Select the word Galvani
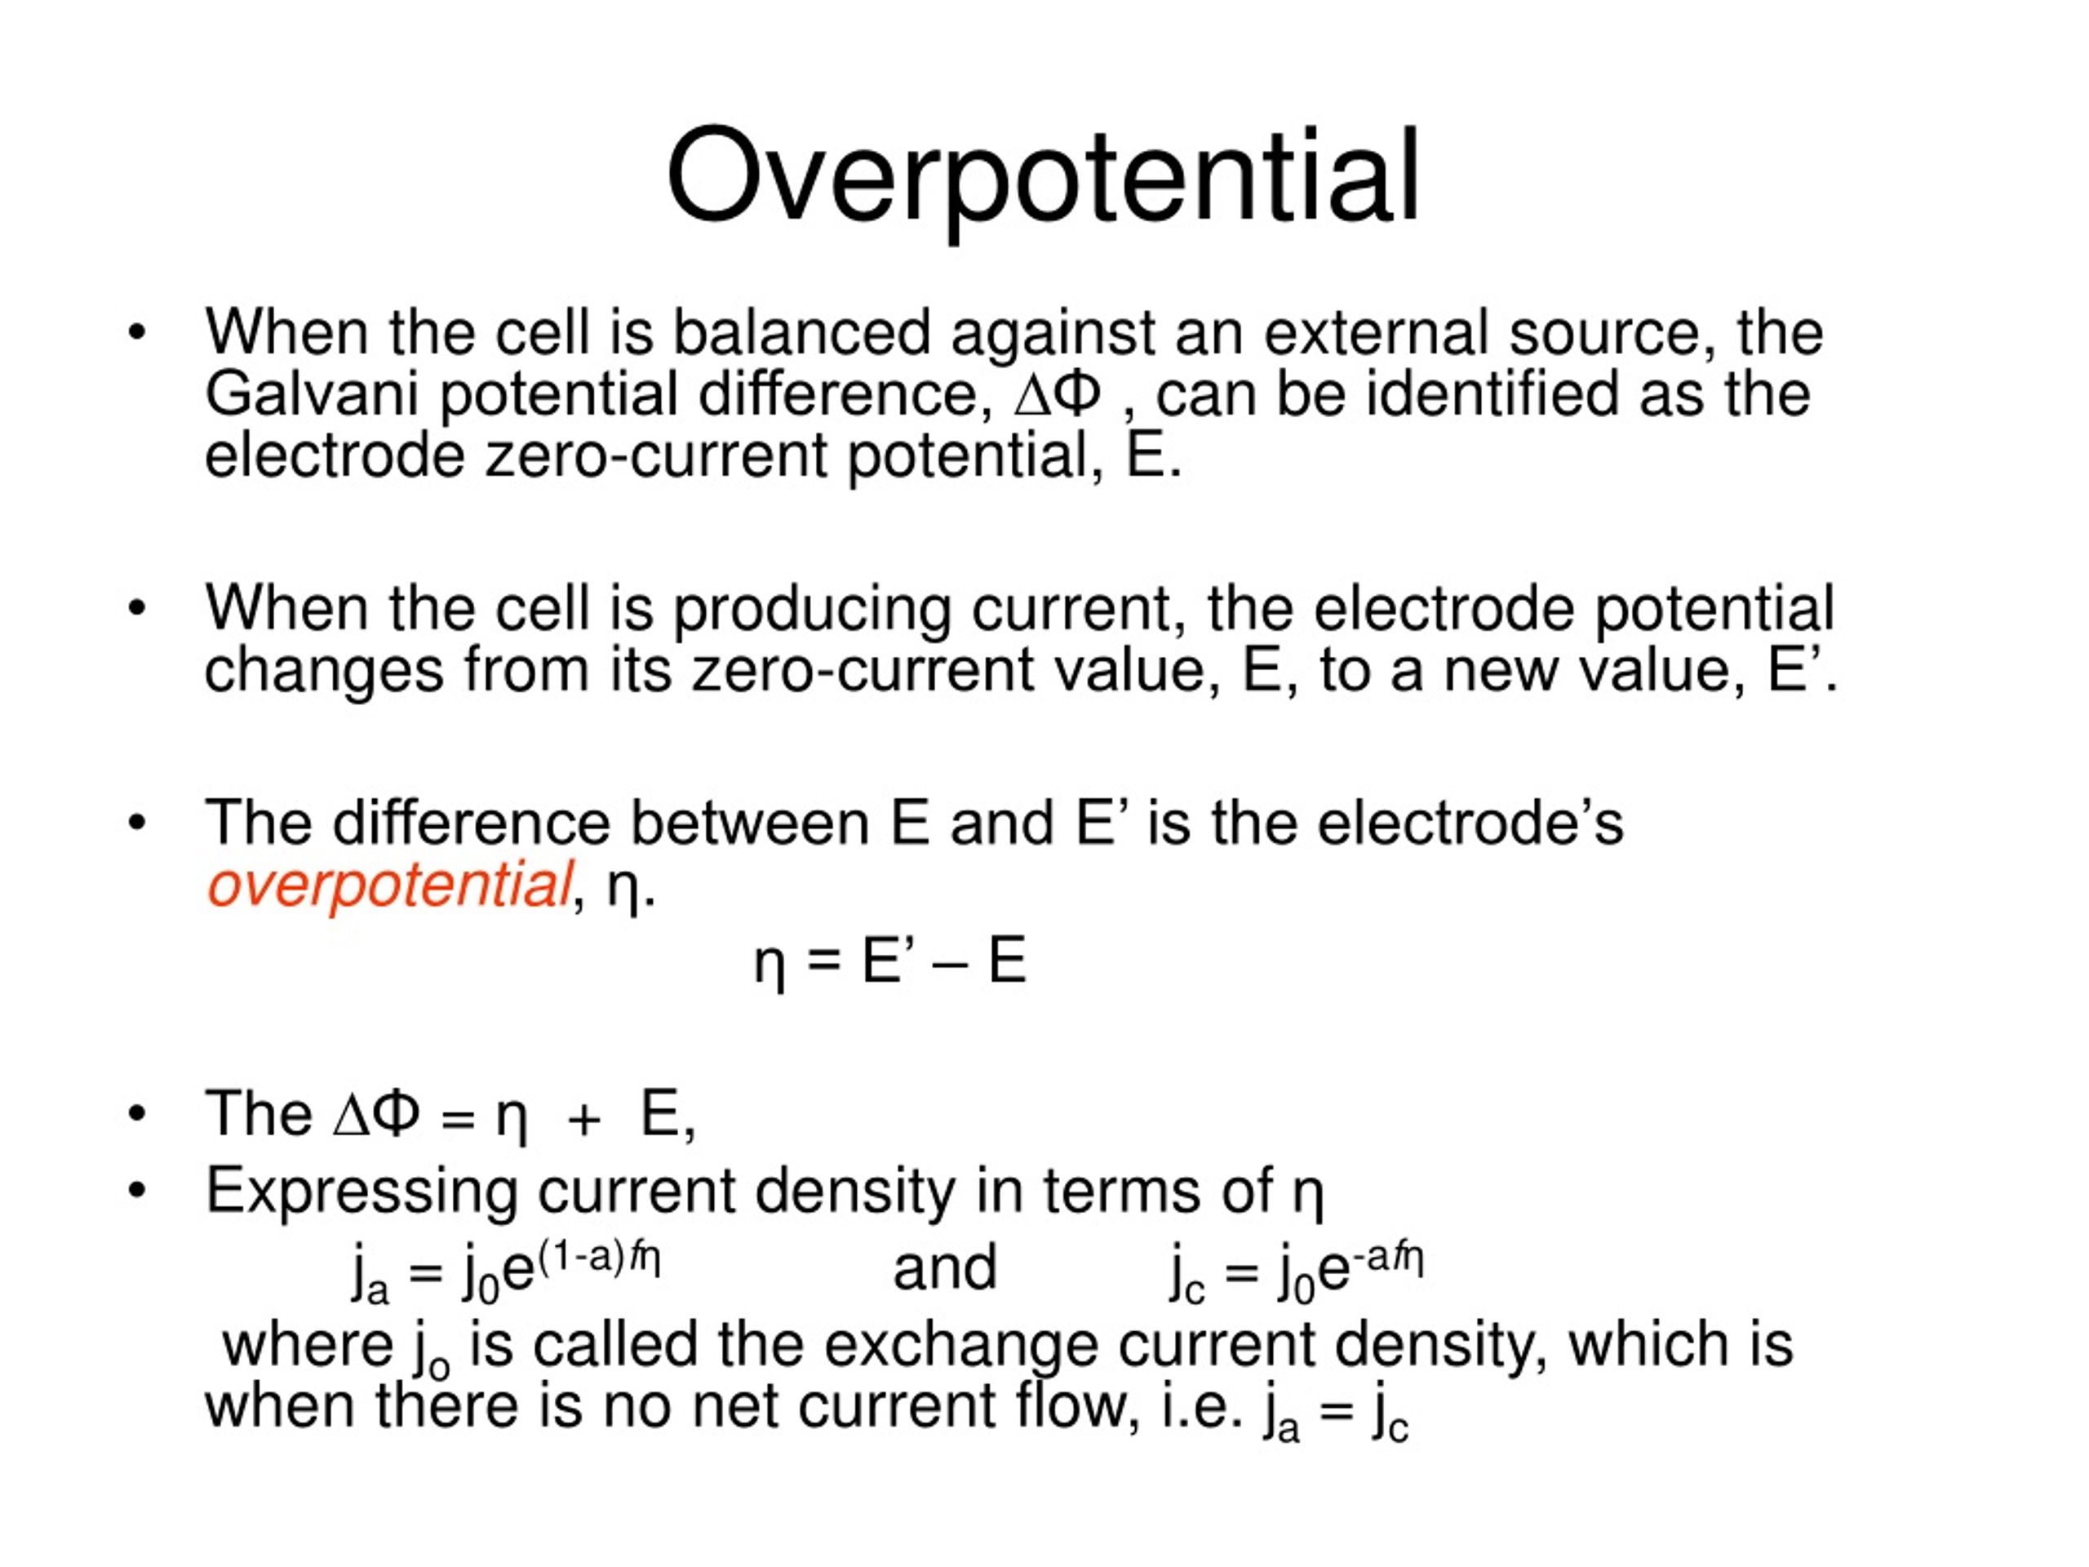point(311,394)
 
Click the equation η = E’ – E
point(889,962)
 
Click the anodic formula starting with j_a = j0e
point(505,1271)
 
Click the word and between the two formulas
point(944,1268)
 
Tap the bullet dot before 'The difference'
point(138,823)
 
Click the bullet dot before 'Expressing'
point(138,1190)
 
